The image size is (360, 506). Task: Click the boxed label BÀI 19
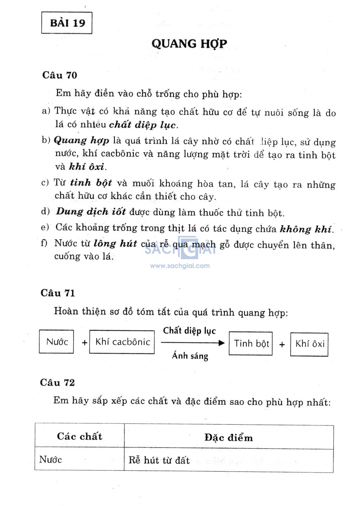click(x=67, y=23)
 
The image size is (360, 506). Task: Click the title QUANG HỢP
click(x=189, y=44)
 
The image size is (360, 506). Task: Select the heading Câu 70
click(x=59, y=75)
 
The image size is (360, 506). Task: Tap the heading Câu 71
click(x=58, y=293)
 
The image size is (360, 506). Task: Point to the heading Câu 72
click(x=57, y=383)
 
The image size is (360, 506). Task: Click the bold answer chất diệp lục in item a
click(x=143, y=125)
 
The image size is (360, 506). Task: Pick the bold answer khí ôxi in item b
click(x=87, y=167)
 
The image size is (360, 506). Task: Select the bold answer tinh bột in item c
click(x=91, y=183)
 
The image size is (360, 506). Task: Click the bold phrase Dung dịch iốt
click(x=91, y=212)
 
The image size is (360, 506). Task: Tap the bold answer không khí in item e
click(x=306, y=229)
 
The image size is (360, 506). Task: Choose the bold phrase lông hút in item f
click(x=115, y=244)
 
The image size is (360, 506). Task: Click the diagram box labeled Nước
click(x=57, y=341)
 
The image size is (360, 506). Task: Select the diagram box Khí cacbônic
click(x=122, y=342)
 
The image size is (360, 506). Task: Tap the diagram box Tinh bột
click(x=251, y=344)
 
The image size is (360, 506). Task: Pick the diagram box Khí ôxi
click(x=309, y=344)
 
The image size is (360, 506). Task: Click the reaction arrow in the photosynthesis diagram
click(x=192, y=343)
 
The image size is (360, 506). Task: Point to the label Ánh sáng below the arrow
click(x=190, y=356)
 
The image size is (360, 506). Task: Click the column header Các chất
click(x=79, y=436)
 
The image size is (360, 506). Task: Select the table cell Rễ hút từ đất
click(x=159, y=460)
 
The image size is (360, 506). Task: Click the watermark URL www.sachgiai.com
click(x=180, y=266)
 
